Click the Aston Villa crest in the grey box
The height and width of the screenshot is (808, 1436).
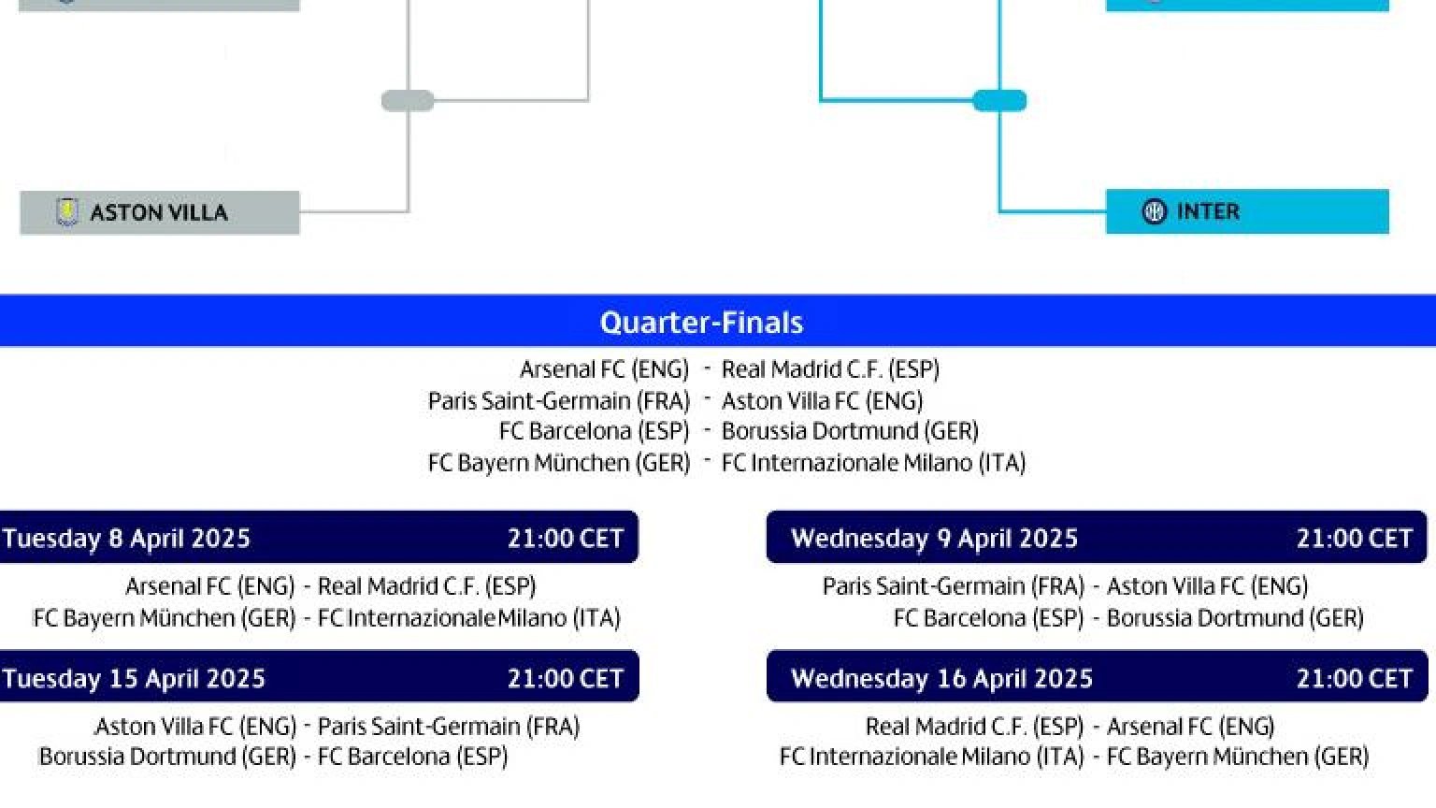click(67, 212)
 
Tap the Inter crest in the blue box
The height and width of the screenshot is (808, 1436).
click(1155, 211)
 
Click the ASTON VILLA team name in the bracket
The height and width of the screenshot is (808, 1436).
click(159, 213)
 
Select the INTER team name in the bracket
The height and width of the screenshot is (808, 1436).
click(1209, 211)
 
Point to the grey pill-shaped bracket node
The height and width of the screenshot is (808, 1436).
click(408, 101)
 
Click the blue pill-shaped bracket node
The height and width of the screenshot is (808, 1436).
click(999, 101)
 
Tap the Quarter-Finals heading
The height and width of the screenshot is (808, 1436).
click(701, 322)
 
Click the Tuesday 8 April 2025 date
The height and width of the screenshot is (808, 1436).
click(126, 538)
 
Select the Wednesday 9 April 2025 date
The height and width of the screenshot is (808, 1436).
click(934, 538)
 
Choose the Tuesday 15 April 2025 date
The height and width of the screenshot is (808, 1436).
click(134, 678)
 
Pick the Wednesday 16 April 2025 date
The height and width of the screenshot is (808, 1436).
click(941, 678)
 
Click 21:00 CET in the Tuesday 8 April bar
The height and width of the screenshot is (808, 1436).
click(566, 538)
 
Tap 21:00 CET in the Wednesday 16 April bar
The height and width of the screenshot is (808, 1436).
click(1355, 678)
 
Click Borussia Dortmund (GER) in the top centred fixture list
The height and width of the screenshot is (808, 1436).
click(850, 431)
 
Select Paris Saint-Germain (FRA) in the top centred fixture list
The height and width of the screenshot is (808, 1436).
click(559, 401)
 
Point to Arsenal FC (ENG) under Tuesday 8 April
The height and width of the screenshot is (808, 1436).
click(210, 586)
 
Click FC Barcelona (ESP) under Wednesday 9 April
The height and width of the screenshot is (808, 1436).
click(988, 617)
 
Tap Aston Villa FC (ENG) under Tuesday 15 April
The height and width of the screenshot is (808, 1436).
click(195, 727)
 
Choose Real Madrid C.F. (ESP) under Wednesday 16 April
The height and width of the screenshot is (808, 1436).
click(974, 727)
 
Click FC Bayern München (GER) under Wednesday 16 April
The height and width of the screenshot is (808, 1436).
click(1238, 757)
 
